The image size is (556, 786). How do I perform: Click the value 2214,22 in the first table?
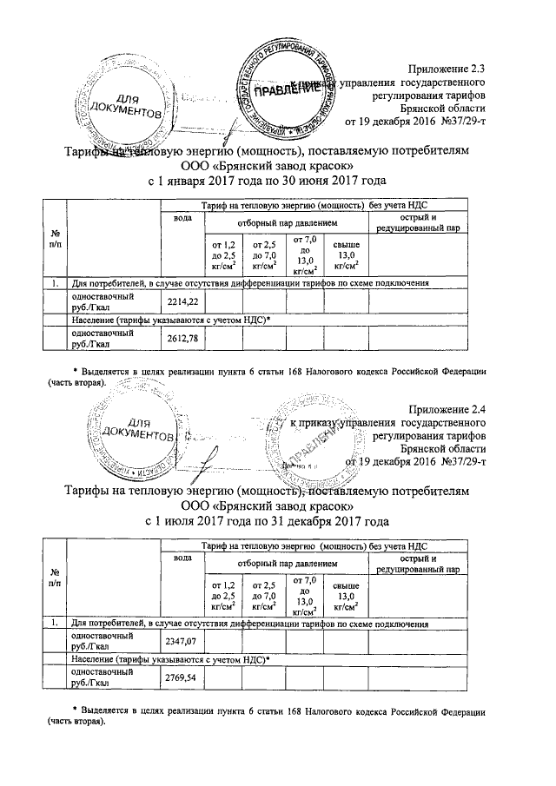pos(182,301)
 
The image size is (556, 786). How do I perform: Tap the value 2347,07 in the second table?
pos(182,641)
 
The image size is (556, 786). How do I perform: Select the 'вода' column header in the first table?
pos(182,217)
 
